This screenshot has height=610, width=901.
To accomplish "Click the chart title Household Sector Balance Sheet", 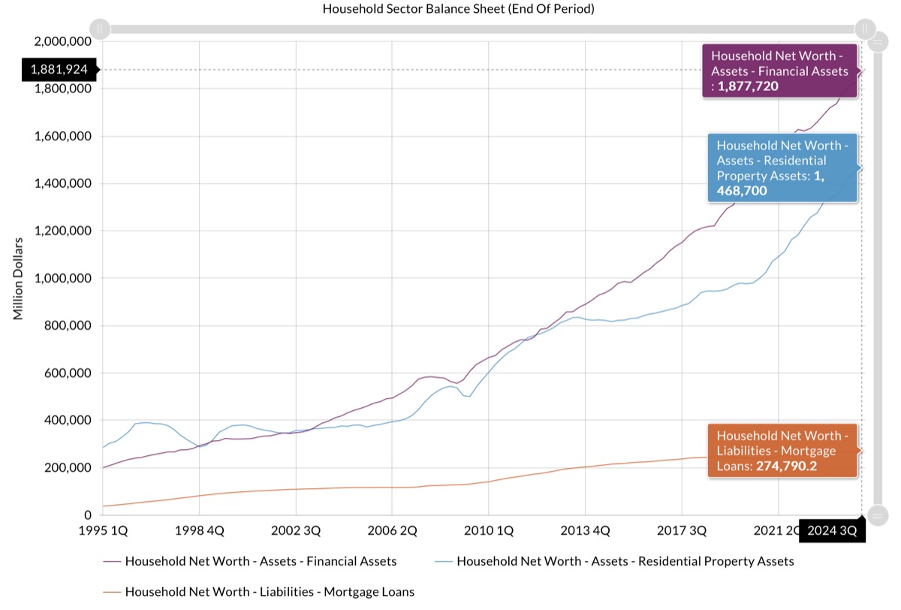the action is (458, 8).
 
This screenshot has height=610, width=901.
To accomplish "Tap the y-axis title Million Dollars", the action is (18, 279).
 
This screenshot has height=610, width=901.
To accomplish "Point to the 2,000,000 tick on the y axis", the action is (63, 41).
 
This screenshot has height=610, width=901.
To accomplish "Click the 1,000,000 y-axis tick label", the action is (63, 278).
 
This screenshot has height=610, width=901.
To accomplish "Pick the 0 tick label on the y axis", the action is (88, 515).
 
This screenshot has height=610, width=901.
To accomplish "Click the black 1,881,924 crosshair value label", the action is (59, 70).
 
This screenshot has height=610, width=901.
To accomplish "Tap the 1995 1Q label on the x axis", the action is (103, 530).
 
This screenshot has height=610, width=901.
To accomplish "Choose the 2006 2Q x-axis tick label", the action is (392, 530).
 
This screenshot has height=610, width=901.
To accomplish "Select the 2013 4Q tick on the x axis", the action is (585, 530).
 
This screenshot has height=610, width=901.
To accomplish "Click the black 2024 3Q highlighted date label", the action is (832, 530).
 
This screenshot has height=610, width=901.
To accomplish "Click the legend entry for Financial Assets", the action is (250, 561).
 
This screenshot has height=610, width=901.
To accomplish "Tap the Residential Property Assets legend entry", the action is (614, 561).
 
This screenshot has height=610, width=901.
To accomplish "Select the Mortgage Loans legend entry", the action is (258, 591).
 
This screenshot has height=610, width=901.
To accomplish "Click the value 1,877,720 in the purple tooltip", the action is (748, 86).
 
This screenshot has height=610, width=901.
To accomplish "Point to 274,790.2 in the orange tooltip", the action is (786, 466).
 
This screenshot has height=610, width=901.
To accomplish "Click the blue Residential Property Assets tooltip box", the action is (782, 168).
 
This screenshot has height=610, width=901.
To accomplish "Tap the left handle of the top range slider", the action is (100, 29).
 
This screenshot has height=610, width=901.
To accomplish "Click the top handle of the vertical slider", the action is (878, 42).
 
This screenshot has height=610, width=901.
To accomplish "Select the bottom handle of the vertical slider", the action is (878, 515).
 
